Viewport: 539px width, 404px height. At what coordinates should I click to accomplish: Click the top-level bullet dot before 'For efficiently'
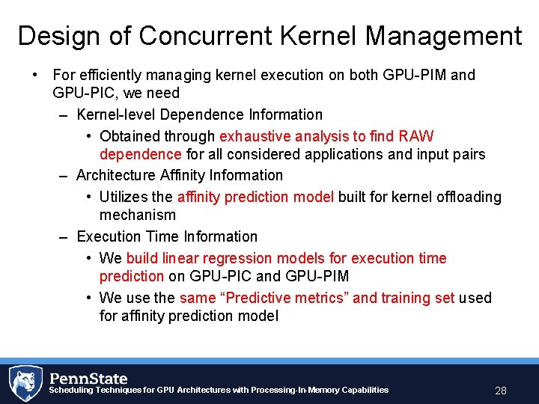click(x=34, y=75)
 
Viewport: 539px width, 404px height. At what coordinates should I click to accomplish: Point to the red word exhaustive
click(x=255, y=136)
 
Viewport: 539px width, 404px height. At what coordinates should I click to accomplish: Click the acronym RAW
click(x=416, y=136)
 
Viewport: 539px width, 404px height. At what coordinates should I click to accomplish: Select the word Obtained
click(x=130, y=136)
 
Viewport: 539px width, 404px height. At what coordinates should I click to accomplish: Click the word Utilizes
click(x=125, y=197)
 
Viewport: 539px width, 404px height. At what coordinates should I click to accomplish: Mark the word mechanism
click(x=137, y=215)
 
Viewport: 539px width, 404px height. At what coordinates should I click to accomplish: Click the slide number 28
click(x=501, y=391)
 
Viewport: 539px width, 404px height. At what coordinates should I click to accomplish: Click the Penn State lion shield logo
click(x=25, y=382)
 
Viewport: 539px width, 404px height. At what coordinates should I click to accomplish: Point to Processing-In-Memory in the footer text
click(x=298, y=390)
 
